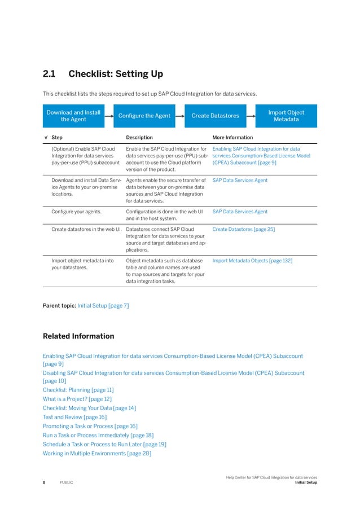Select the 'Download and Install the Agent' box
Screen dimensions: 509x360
point(73,116)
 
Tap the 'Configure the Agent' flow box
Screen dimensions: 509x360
point(144,116)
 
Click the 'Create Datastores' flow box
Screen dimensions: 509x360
point(215,116)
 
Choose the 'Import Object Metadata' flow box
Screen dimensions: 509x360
point(286,116)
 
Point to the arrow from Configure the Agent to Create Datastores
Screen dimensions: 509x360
point(179,116)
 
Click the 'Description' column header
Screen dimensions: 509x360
point(139,137)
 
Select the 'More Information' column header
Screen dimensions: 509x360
point(232,137)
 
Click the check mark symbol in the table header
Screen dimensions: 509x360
point(45,137)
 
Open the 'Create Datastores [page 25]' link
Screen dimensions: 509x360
point(243,230)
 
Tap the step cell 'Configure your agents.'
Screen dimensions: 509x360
point(76,212)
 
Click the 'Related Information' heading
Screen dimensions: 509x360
point(78,336)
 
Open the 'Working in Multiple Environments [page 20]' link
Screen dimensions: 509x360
point(96,453)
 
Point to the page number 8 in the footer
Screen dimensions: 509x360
point(44,482)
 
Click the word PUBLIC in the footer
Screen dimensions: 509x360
point(67,482)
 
